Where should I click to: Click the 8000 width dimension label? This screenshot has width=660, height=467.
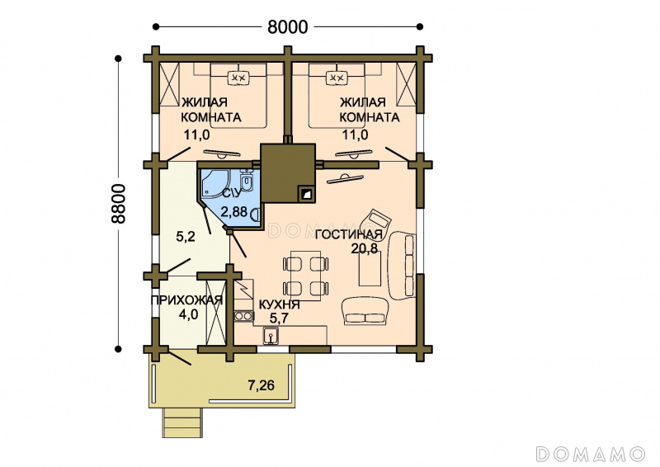pos(287,27)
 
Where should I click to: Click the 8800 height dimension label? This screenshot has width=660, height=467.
pos(119,204)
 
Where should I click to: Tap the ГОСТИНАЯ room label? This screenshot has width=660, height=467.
pos(348,234)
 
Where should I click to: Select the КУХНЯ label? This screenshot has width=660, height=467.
pos(279,304)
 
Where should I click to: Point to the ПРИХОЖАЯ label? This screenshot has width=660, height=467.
pos(186,300)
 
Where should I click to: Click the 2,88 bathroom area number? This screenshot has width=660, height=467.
pos(234,211)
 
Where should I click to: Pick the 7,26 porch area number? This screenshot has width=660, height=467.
pos(261,384)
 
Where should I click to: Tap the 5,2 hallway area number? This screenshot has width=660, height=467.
pos(185,237)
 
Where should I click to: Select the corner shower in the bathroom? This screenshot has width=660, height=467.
pos(213,183)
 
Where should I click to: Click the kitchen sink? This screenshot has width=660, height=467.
pos(270,336)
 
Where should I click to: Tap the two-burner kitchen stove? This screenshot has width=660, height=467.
pos(243,316)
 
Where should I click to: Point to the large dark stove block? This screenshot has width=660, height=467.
pos(288,173)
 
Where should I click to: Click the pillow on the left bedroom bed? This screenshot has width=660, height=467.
pos(238,78)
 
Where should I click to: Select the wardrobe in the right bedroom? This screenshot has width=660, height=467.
pos(407,84)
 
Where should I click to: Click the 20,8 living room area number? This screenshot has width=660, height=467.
pos(365,248)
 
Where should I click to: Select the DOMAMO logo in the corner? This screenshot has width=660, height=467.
pos(591,454)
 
